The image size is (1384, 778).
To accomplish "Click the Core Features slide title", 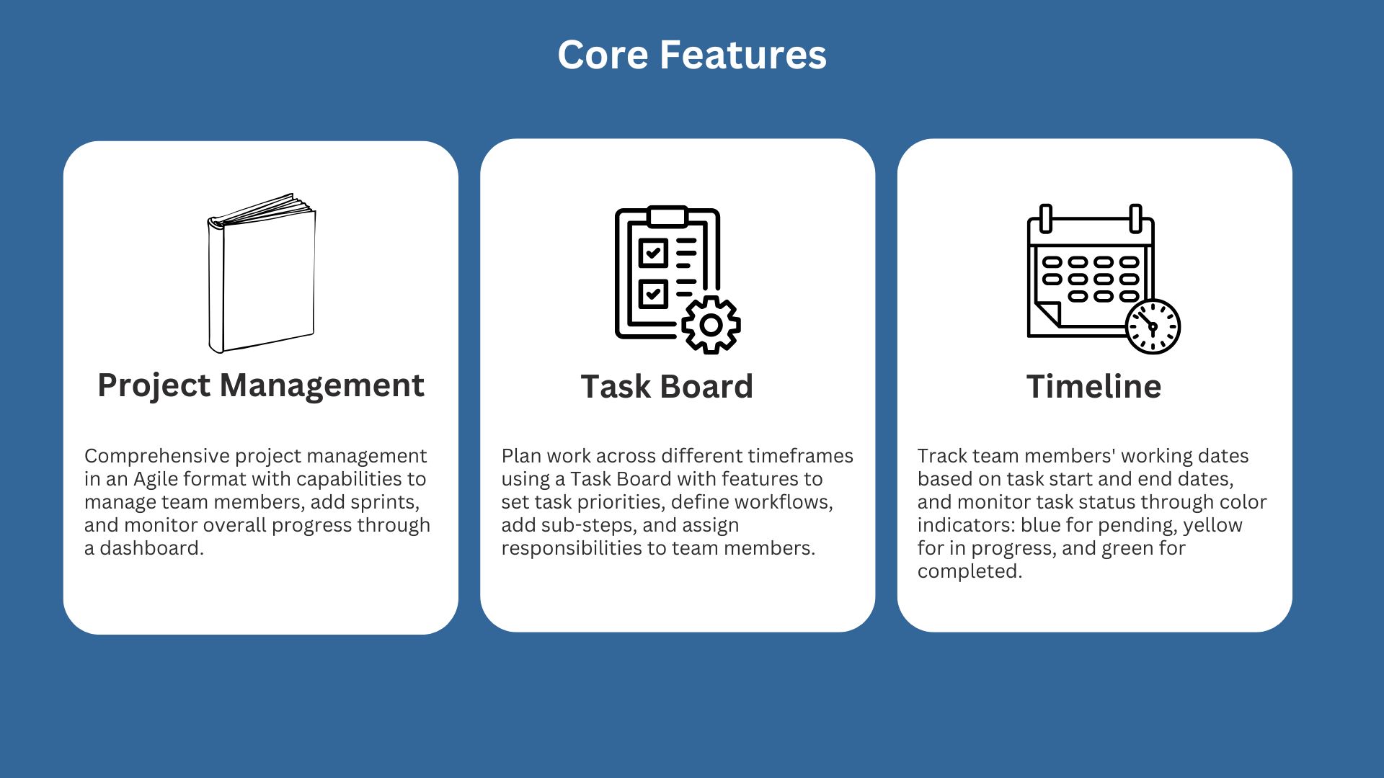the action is (x=692, y=55).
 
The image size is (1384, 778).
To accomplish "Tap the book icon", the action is (x=262, y=273).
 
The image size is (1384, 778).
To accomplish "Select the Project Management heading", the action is (x=261, y=385).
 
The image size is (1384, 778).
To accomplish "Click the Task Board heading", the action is (x=667, y=387).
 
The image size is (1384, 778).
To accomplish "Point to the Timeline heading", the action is (x=1094, y=387).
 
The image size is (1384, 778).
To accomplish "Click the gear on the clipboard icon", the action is (x=711, y=325).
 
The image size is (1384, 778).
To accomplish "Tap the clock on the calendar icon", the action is (x=1153, y=326).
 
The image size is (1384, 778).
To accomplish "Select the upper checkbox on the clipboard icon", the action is (x=653, y=253).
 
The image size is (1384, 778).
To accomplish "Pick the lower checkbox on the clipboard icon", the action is (x=653, y=293).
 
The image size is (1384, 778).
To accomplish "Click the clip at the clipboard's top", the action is (x=667, y=216).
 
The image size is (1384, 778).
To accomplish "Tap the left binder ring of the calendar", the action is (x=1046, y=218).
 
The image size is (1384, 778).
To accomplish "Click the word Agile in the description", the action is (x=156, y=480).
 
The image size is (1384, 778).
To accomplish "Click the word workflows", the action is (x=788, y=502).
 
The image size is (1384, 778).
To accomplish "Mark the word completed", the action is (x=969, y=572).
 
